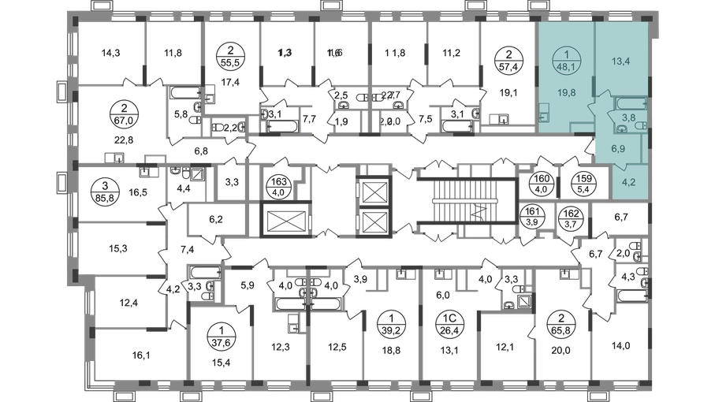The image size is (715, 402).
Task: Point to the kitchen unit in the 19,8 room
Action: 546,110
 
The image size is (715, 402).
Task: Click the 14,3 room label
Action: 111,54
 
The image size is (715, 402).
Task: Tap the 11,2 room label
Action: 451,54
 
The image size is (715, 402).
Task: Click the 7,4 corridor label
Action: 186,249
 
